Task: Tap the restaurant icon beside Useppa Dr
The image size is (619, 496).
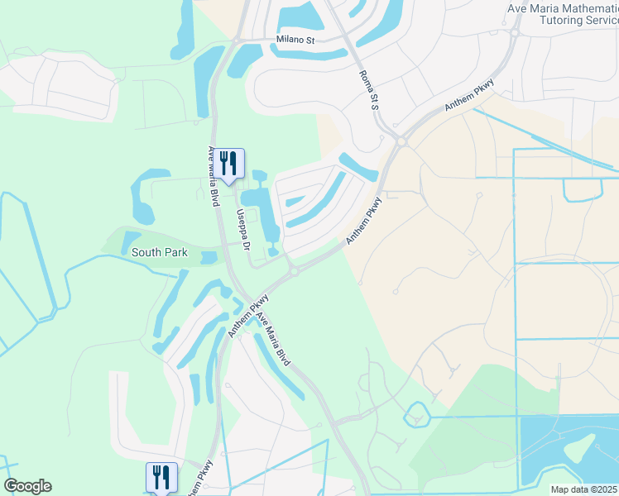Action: [231, 163]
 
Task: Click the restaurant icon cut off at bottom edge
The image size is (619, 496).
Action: [161, 478]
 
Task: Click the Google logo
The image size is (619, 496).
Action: [27, 485]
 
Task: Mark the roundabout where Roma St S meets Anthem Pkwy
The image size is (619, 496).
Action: [401, 141]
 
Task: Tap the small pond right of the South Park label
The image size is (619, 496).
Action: [207, 257]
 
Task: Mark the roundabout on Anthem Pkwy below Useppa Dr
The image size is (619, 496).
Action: [294, 273]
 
